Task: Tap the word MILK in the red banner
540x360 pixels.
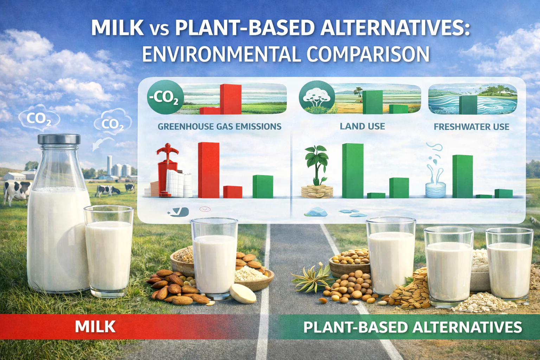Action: point(95,327)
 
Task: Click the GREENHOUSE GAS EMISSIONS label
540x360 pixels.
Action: point(219,126)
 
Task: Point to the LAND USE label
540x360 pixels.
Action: point(362,126)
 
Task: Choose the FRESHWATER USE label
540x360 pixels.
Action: point(471,127)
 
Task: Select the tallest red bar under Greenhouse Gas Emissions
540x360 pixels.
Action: point(209,170)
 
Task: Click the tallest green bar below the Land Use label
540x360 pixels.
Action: point(353,171)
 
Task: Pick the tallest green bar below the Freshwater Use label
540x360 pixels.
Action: point(463,176)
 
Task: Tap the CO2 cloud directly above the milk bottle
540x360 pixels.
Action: point(39,118)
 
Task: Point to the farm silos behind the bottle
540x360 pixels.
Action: point(119,166)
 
